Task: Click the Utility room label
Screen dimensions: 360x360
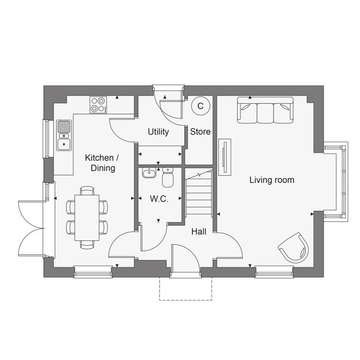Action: (158, 132)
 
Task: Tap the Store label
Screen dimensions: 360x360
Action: (200, 132)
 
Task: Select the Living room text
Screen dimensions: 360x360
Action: (272, 180)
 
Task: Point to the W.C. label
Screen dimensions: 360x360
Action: (159, 199)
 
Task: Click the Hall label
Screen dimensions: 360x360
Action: (199, 232)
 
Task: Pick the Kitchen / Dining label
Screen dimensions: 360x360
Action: (102, 163)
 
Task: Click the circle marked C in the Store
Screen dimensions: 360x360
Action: (201, 106)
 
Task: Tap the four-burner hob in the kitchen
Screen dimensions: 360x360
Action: (98, 105)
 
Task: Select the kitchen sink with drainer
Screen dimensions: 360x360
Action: (64, 135)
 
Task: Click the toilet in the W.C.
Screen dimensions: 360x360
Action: (168, 177)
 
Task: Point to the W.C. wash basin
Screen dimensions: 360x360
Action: (149, 173)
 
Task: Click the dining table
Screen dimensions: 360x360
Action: (87, 217)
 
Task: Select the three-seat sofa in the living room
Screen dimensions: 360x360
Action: (265, 110)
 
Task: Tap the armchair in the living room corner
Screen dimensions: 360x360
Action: (294, 248)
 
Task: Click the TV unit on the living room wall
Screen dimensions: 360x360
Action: (225, 157)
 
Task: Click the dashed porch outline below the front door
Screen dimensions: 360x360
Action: (185, 300)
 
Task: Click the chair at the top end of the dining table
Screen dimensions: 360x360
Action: (87, 191)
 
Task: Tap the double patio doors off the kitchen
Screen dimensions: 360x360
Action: (32, 228)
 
